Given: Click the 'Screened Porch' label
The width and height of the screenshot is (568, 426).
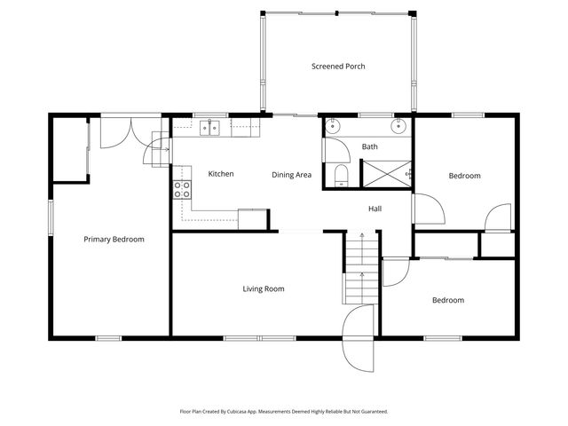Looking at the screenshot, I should (x=337, y=67).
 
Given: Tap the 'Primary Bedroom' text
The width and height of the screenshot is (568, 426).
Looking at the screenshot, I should (x=114, y=240).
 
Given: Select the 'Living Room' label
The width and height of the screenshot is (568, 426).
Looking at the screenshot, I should (x=263, y=289).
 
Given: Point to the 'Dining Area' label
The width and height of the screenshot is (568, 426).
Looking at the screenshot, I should (x=291, y=175).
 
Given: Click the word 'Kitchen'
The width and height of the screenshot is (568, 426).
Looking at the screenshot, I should (x=220, y=174).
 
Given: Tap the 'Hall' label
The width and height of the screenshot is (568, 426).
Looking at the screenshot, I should (x=375, y=209).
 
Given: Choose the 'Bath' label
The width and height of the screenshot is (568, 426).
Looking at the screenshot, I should (x=370, y=146).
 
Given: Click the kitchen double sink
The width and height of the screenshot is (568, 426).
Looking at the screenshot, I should (x=210, y=129).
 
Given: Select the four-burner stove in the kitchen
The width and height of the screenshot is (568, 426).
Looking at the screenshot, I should (x=183, y=189).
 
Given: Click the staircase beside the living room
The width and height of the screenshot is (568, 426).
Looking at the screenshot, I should (x=361, y=266).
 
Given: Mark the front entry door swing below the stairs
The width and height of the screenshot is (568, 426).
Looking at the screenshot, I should (x=360, y=339).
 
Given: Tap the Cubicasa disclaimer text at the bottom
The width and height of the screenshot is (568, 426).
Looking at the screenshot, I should (x=283, y=412).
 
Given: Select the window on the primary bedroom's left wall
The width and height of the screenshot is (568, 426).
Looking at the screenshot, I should (x=50, y=218).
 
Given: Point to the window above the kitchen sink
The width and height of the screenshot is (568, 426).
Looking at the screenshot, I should (x=210, y=114).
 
